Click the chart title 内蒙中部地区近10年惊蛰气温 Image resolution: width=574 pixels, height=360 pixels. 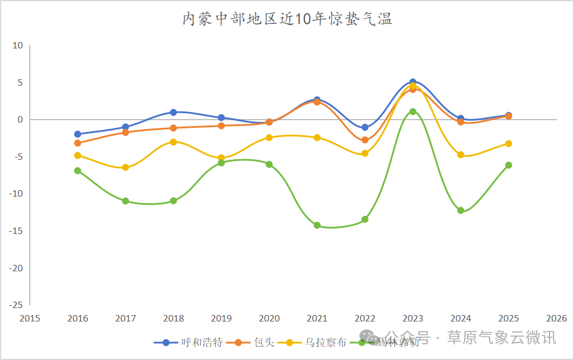coord(287,19)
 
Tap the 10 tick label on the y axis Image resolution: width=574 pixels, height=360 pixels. coord(18,46)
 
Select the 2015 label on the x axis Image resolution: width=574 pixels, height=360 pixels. coord(30,319)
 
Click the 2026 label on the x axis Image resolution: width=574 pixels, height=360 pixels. coord(556,319)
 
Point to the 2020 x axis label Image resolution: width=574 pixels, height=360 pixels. coord(269,319)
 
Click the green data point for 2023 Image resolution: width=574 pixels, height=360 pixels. coord(413,111)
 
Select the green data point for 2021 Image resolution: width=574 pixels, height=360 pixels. coord(317,225)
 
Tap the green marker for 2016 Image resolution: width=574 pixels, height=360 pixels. coord(78,171)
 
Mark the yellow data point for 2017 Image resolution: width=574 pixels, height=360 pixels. coord(126,167)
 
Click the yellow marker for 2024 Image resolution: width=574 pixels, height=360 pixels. coord(461,155)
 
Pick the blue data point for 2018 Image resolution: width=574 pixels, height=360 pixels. coord(173,112)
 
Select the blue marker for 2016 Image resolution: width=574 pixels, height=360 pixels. coord(78,134)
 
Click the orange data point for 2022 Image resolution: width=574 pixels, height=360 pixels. coord(365,140)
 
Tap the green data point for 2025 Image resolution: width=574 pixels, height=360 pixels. coord(509,165)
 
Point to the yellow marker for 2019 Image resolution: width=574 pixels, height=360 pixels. coord(221,158)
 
